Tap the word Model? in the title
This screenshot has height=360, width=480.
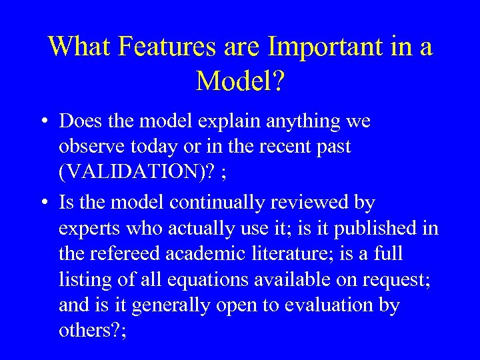241,81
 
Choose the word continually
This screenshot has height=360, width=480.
219,202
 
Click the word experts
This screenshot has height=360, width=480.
90,229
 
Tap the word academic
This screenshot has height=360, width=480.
217,254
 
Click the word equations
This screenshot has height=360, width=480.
210,280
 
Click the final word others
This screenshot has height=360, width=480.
84,331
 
